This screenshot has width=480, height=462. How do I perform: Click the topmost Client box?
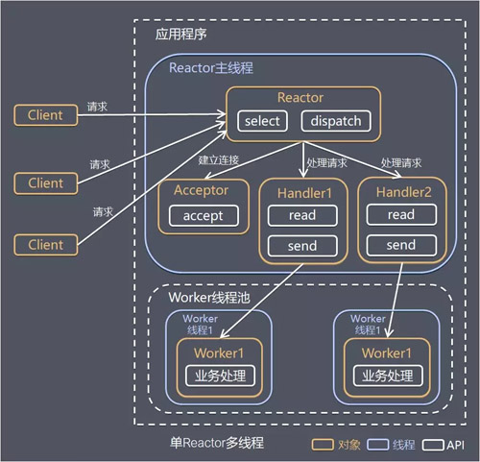coord(45,115)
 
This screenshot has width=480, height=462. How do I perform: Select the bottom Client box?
coord(45,244)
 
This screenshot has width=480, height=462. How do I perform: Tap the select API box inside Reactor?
coord(262,121)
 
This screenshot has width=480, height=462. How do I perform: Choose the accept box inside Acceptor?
coord(203,215)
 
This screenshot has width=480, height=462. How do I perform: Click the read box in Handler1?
coord(302,215)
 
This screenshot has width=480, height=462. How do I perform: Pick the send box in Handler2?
coord(400,246)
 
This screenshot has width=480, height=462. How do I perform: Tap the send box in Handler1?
coord(302,247)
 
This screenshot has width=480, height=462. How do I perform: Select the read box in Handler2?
coord(400,215)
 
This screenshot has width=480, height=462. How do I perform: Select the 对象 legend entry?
coord(333,444)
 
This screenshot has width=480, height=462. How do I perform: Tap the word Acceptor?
coord(201,189)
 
